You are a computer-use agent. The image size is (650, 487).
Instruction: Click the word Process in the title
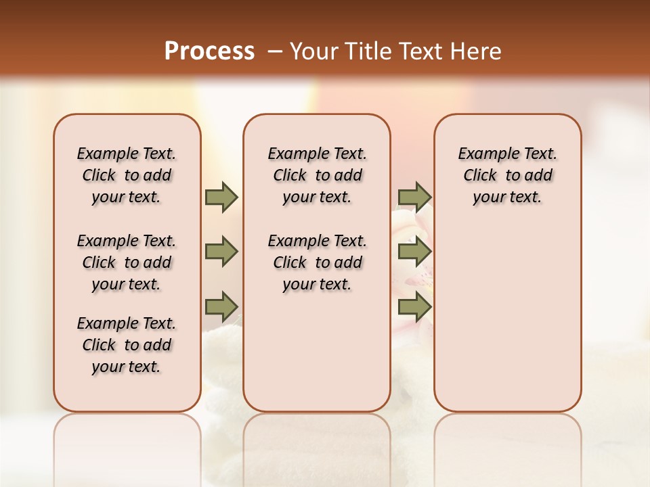point(209,51)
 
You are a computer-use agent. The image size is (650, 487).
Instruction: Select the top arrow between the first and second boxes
point(221,198)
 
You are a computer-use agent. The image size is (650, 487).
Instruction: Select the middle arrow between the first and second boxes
point(221,252)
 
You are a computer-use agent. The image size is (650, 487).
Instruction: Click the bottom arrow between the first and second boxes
point(221,308)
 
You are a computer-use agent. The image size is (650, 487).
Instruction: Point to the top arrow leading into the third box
point(414,198)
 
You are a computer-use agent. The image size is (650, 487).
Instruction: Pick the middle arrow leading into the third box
point(414,252)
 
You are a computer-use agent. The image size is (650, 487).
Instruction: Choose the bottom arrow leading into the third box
point(414,308)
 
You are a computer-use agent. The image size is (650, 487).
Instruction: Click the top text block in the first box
point(127,175)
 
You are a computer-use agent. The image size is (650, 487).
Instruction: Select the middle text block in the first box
point(127,262)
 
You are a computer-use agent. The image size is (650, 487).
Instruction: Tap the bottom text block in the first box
point(127,345)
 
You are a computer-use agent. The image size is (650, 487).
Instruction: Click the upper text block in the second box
point(317,175)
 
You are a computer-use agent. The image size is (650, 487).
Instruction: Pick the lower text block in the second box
point(317,262)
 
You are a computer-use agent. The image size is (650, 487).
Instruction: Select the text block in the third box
point(508,175)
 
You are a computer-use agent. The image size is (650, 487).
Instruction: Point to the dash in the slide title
point(274,51)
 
